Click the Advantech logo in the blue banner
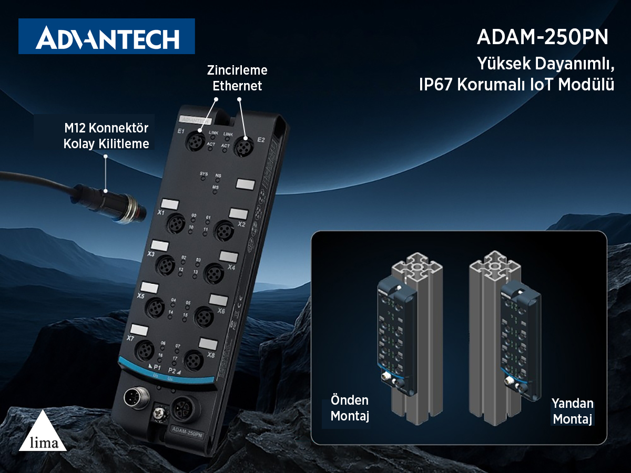point(107,37)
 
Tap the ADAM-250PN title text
point(542,37)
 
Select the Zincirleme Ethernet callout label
point(237,78)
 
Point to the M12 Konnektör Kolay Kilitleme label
point(106,136)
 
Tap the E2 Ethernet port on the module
point(243,145)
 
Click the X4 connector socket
point(213,273)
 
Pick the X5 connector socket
point(156,306)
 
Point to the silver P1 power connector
point(133,398)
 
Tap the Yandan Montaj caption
point(573,412)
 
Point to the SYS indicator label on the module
point(204,173)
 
